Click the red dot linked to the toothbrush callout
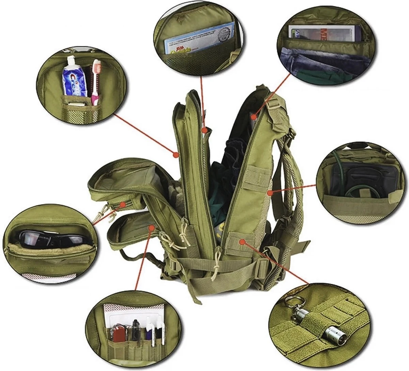(176, 154)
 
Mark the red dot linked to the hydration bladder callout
(270, 193)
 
